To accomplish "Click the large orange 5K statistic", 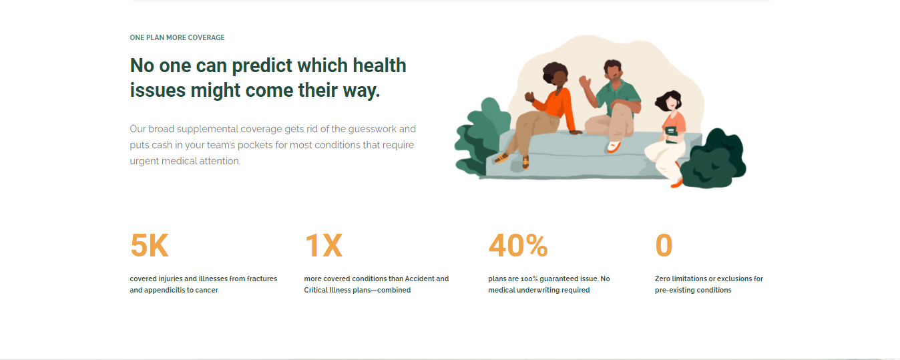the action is [150, 246].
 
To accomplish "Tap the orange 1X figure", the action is [324, 246].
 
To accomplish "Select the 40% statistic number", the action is [518, 246].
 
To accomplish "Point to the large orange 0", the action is [664, 246].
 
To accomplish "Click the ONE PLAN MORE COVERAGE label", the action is [177, 38].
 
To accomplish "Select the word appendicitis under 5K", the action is [164, 291].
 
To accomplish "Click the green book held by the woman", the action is [670, 134].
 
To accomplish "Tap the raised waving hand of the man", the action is [585, 82].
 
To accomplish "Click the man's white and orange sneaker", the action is [613, 146].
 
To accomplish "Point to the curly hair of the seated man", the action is [612, 66].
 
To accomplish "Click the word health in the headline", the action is [379, 65].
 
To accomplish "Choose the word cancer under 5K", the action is [206, 291].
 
